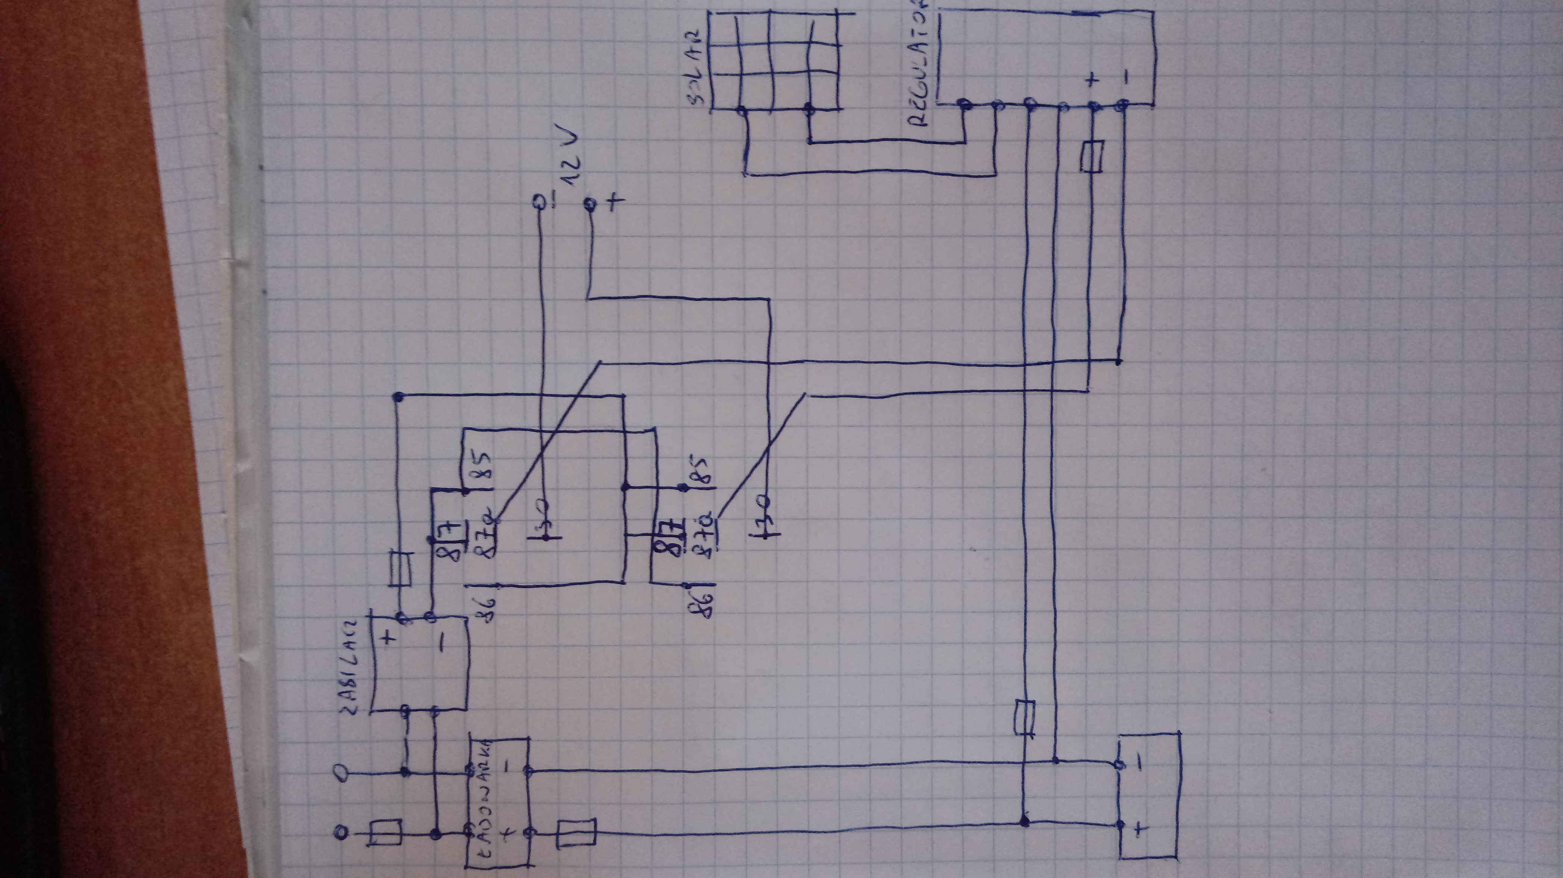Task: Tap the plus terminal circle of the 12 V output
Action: (x=588, y=206)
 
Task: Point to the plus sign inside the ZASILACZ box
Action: (x=388, y=637)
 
